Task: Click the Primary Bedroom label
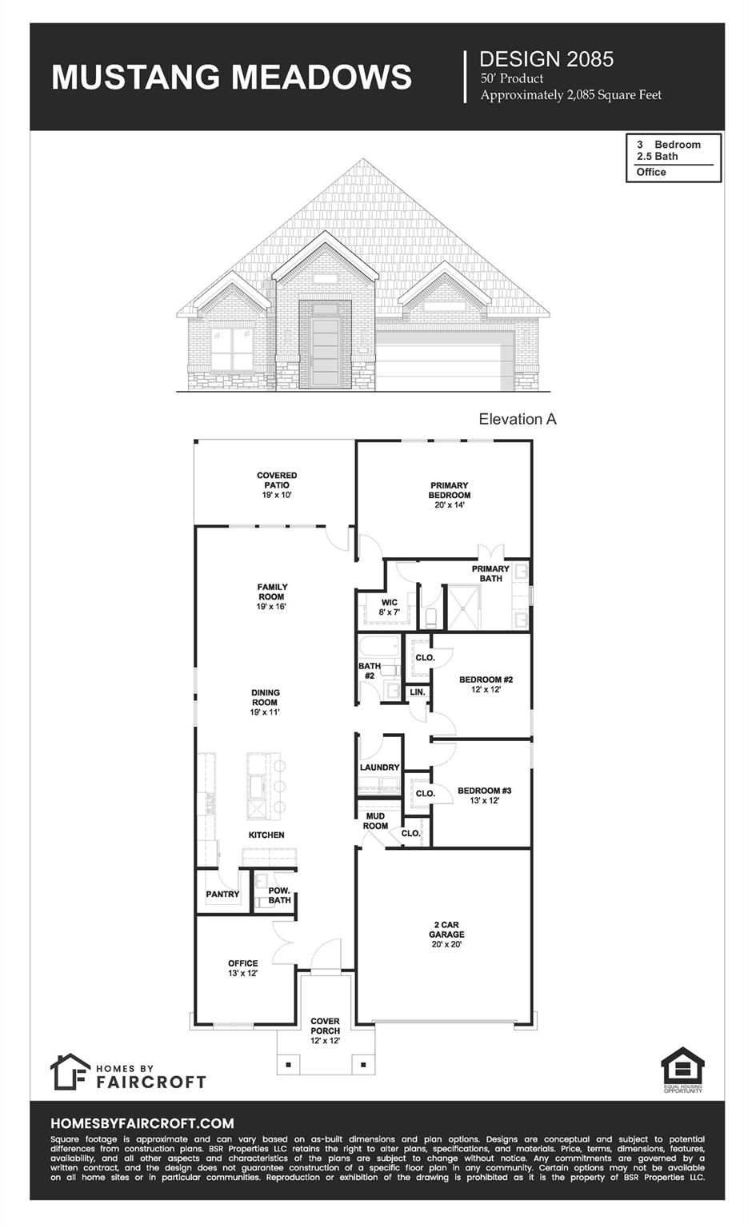449,490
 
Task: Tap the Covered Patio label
277,480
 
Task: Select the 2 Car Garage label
446,930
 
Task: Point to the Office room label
242,963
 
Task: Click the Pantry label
222,894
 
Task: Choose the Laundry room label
379,767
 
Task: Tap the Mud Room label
375,821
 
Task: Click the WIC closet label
389,603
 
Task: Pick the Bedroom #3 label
484,791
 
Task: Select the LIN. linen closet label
418,692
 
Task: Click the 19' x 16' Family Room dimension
272,607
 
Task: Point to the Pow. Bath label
279,895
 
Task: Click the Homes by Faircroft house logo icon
70,1071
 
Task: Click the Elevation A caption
517,419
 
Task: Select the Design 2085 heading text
546,58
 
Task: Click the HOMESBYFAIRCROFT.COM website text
142,1123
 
